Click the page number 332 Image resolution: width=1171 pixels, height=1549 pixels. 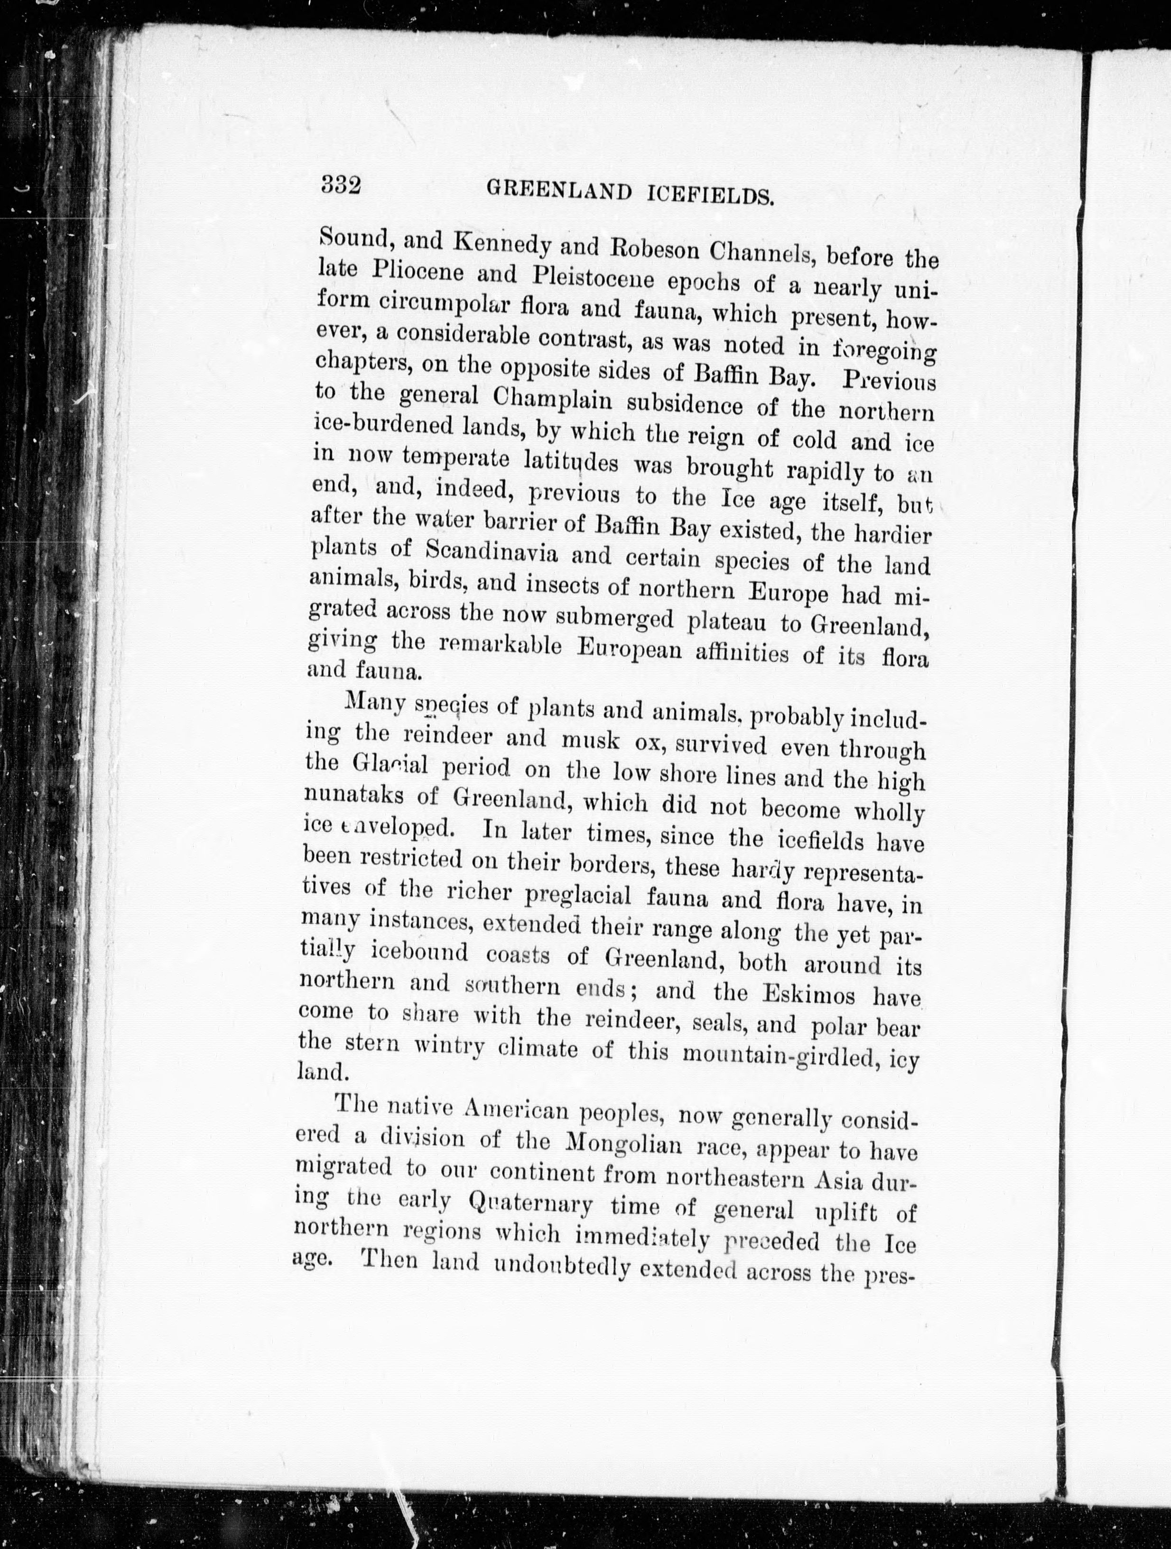(x=341, y=185)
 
